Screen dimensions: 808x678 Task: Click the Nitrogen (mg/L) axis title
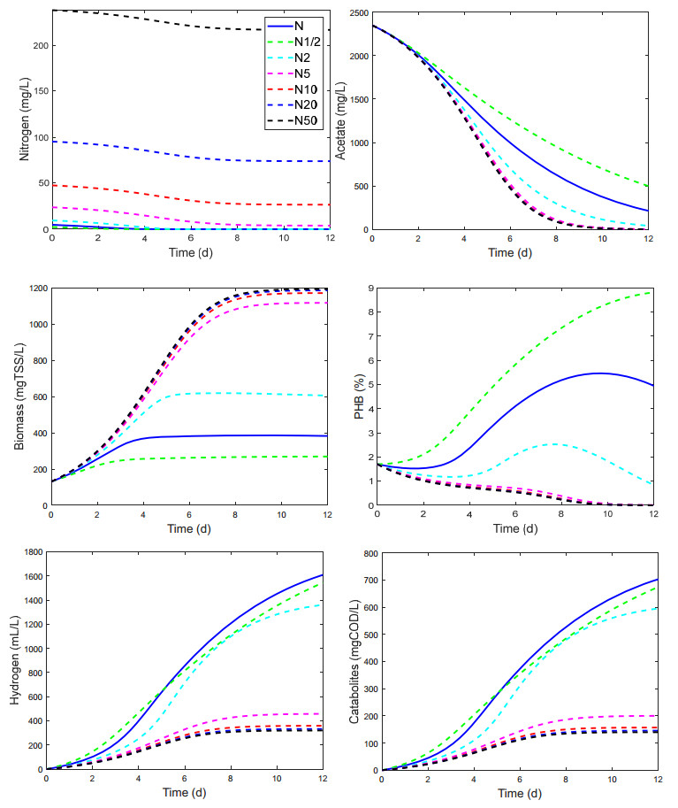click(24, 119)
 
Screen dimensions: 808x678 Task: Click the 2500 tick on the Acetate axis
click(358, 12)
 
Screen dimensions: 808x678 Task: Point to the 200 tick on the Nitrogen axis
click(38, 44)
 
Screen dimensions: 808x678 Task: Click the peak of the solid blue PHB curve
click(600, 373)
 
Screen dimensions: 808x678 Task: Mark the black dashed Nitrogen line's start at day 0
click(52, 11)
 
